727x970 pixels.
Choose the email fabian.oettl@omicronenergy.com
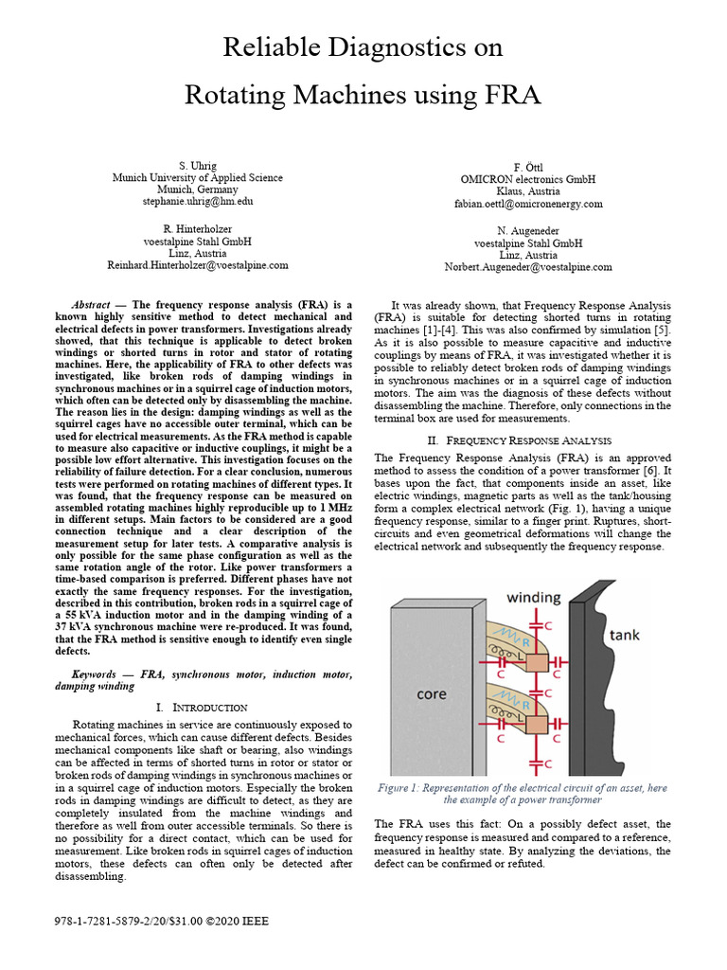pos(528,203)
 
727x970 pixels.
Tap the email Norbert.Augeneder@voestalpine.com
pos(528,267)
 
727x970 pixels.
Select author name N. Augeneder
pos(528,231)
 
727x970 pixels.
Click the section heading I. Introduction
pos(201,708)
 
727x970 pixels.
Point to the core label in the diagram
pos(431,694)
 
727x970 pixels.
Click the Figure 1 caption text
pos(523,794)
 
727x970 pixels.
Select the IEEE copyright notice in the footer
pos(149,921)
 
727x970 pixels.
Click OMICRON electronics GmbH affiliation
pos(528,179)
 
